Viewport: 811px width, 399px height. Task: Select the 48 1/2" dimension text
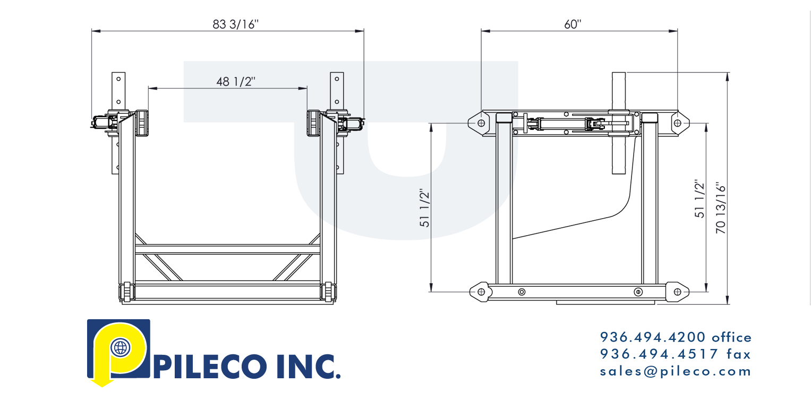pos(236,81)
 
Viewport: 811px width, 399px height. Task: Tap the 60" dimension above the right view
pos(573,24)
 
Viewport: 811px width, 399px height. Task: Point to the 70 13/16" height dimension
pos(720,209)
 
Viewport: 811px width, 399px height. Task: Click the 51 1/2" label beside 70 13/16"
pos(700,199)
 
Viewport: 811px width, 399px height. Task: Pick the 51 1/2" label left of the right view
pos(425,208)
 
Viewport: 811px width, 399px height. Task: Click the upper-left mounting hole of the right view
pos(481,123)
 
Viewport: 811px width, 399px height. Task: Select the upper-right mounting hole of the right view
pos(677,123)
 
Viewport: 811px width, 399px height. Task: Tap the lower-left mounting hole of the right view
pos(481,292)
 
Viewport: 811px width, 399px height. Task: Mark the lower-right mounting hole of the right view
pos(677,292)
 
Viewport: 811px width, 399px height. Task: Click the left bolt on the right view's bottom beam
pos(522,292)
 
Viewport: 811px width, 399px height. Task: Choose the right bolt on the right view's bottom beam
pos(638,292)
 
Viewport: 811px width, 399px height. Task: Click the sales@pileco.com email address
pos(676,371)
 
